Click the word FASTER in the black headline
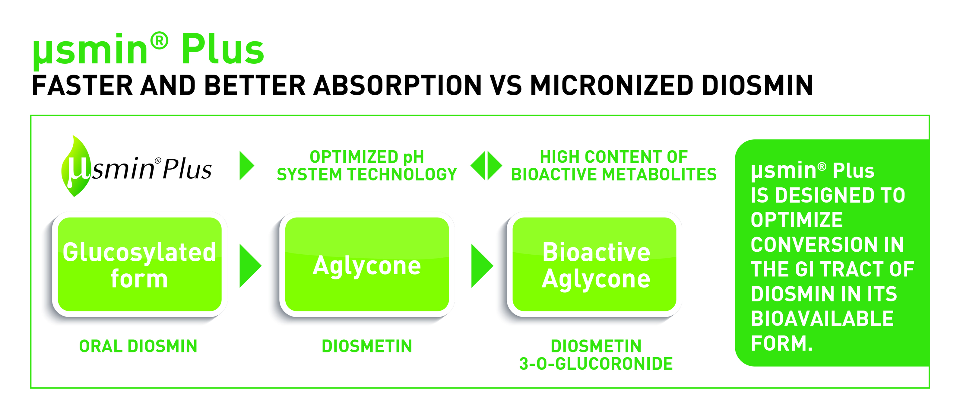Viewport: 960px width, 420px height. point(82,85)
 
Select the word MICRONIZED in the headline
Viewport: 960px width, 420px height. point(611,85)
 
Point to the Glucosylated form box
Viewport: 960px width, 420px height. point(139,265)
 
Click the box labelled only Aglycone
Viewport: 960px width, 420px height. point(367,265)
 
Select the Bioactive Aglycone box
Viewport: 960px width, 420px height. point(595,265)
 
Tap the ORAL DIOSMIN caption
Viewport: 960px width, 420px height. point(138,346)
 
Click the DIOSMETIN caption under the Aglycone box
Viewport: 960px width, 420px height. point(367,346)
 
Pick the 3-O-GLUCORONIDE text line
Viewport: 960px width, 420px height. point(596,364)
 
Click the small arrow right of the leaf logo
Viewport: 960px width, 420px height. point(246,165)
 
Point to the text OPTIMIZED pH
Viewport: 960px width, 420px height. point(367,157)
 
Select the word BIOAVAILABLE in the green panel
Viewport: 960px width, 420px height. point(822,319)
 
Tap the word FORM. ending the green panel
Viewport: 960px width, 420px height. point(781,343)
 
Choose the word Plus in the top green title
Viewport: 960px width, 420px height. point(223,49)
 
